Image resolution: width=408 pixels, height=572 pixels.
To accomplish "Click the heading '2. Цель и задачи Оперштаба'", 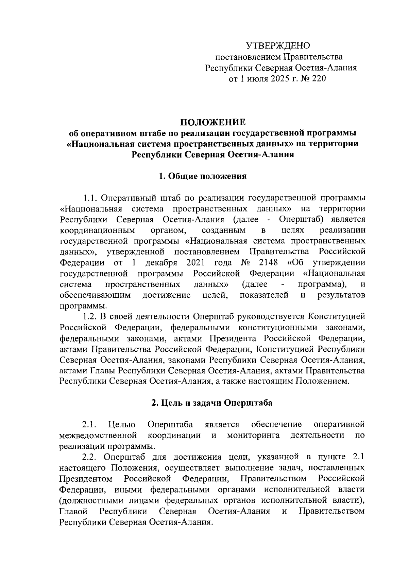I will pos(212,403).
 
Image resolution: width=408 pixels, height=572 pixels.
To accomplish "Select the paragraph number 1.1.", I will pos(90,198).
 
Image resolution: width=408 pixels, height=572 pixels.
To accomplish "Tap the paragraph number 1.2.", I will pos(90,317).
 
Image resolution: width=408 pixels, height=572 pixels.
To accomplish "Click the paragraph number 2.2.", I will pos(90,457).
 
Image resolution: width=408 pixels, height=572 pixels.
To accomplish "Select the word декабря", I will pos(161,263).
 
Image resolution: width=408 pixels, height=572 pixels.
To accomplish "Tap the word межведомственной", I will pos(98,435).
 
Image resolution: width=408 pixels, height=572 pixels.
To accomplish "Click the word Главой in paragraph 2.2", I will pos(73,511).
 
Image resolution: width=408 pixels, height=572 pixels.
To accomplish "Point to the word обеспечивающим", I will pos(96,295).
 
